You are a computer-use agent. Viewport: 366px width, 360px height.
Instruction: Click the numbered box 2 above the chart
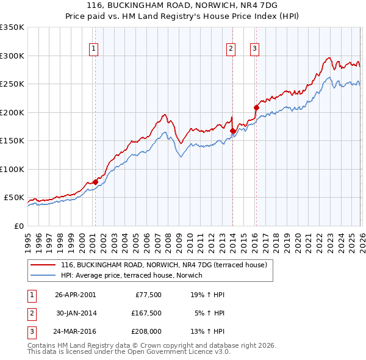[232, 49]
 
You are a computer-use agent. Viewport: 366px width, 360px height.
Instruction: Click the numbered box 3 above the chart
[254, 49]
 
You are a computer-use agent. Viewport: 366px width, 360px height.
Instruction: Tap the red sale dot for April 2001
[95, 182]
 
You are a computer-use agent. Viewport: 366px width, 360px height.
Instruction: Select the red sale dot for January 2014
[232, 131]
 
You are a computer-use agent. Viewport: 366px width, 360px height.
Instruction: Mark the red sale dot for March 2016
[256, 108]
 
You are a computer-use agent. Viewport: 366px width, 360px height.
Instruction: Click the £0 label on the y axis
[18, 226]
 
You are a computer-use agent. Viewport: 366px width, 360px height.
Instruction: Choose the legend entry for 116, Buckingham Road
[163, 265]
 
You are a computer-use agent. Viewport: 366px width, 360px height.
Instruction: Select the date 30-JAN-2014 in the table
[76, 313]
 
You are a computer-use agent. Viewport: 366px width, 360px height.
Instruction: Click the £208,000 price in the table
[146, 332]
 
